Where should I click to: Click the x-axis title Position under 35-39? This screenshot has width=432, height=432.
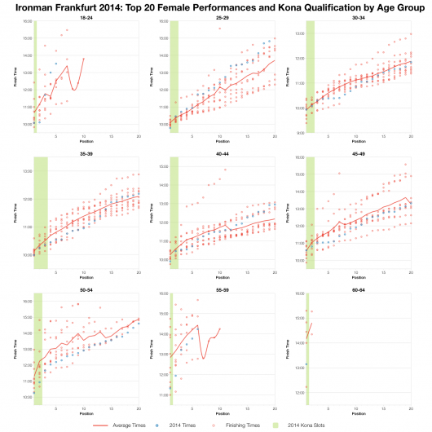85,275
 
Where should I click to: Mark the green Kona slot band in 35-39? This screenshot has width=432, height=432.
40,212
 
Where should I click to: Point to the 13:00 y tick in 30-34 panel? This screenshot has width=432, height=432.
299,33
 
